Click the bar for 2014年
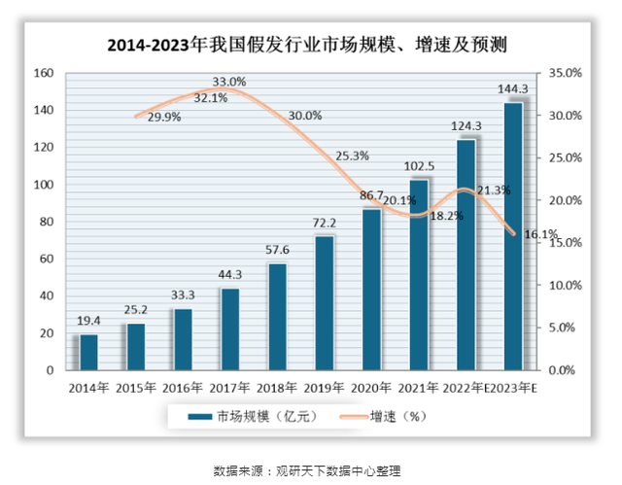(x=88, y=352)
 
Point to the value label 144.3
(x=513, y=89)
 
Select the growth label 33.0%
(x=229, y=82)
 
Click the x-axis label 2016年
(x=183, y=388)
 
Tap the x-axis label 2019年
(x=325, y=388)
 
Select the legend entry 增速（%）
(x=385, y=417)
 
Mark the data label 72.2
(x=325, y=225)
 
